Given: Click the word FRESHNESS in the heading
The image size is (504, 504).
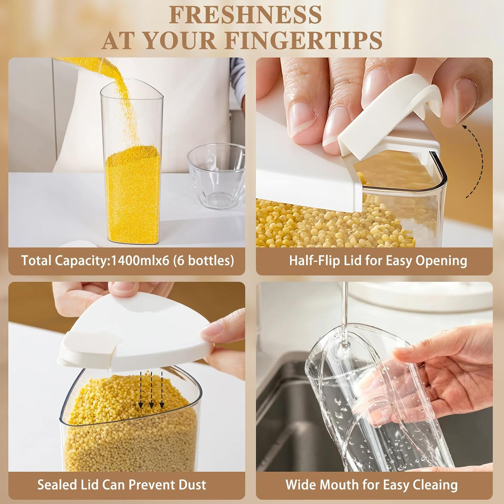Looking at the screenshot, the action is coord(245,15).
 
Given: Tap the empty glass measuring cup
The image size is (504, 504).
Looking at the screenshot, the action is coord(217,176).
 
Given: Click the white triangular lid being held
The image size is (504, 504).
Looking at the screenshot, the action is coord(136,332).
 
